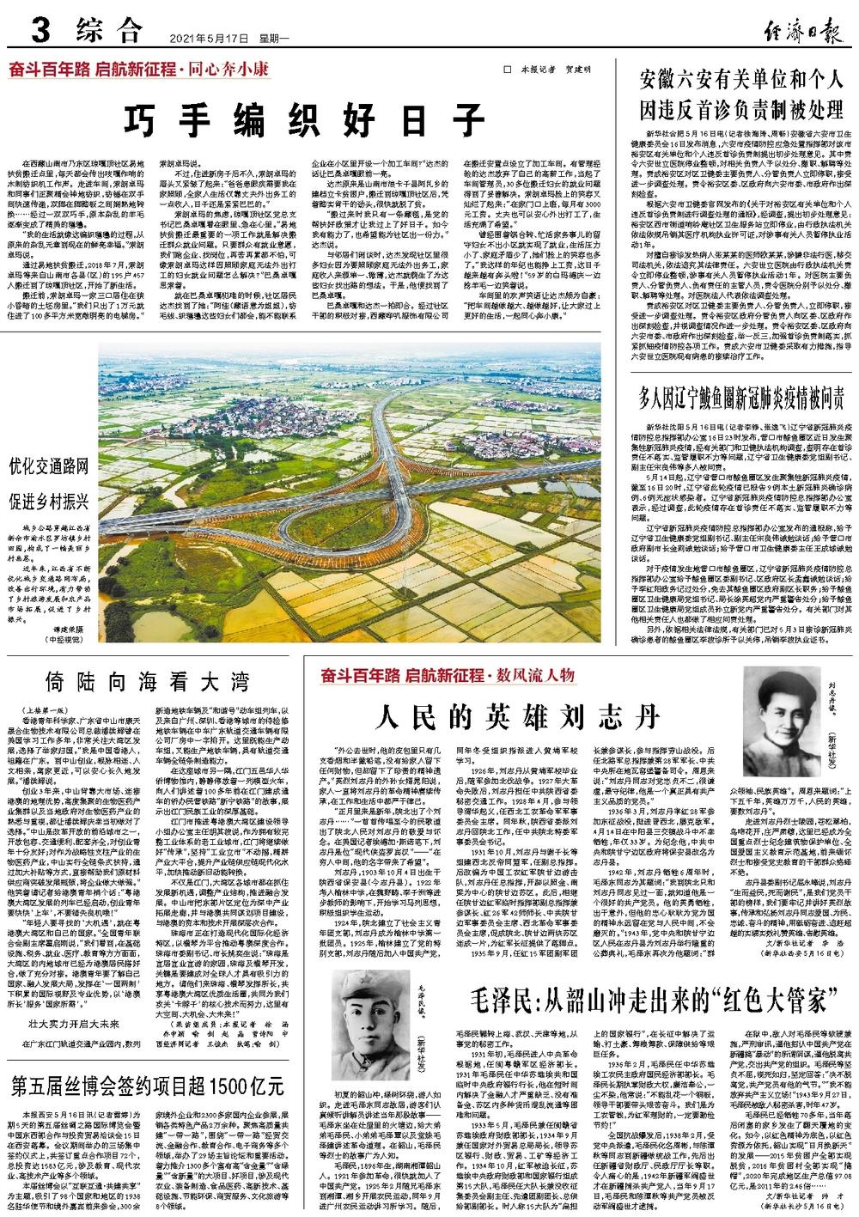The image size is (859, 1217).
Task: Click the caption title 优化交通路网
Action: [x=49, y=467]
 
